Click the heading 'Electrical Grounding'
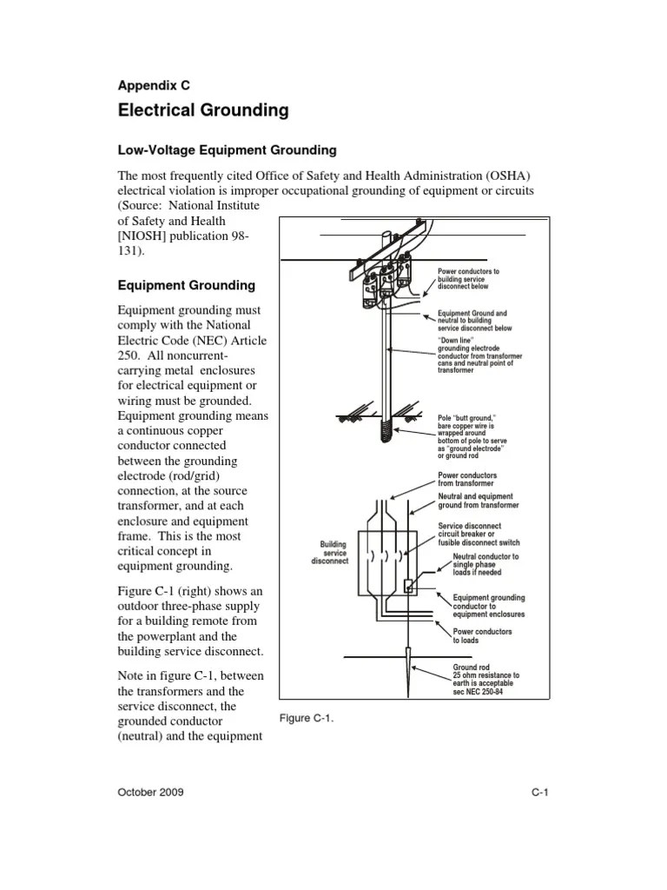tap(202, 111)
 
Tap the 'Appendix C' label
tap(153, 85)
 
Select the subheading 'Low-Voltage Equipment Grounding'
tap(227, 150)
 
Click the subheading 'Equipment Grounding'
tap(186, 285)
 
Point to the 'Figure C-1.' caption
tap(307, 719)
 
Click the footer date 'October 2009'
tap(150, 793)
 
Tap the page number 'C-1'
tap(542, 793)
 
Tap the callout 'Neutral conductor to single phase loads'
tap(485, 564)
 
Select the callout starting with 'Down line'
tap(481, 355)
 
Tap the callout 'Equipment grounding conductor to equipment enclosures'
tap(489, 606)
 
